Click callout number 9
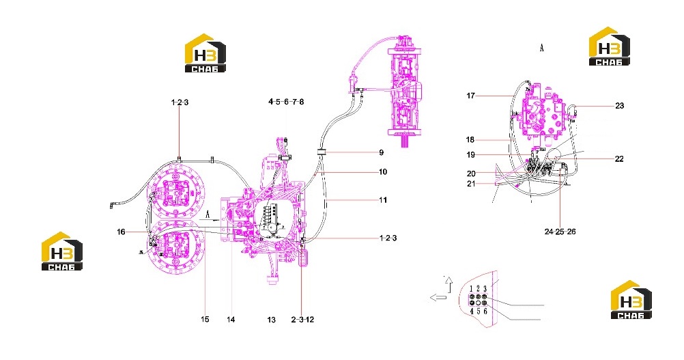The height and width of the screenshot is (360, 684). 382,152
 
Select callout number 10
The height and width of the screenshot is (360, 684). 383,172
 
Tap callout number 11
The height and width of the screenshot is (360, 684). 383,200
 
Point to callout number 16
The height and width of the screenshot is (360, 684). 122,232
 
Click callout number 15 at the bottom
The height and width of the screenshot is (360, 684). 205,320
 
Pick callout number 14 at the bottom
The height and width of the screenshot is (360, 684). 231,320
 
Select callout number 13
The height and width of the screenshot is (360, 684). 271,320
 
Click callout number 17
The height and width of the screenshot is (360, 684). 470,96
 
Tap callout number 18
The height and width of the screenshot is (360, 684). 470,139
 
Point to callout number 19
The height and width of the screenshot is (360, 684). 471,154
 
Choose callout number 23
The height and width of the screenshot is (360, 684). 619,106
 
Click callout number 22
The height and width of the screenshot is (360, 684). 619,159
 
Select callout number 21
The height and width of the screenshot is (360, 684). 471,184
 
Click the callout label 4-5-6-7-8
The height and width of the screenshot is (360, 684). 286,102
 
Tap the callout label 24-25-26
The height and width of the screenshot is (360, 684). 560,232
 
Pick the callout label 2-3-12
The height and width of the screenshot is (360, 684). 302,320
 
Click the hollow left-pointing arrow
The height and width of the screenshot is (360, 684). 438,298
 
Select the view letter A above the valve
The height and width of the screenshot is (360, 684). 542,48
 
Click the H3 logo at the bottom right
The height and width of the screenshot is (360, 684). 631,300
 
